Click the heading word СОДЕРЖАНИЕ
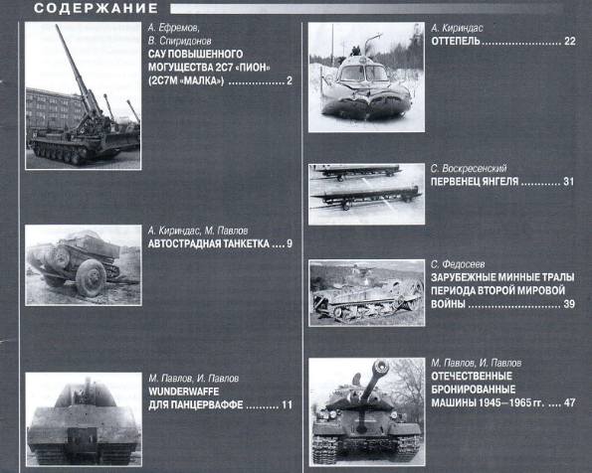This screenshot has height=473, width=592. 96,8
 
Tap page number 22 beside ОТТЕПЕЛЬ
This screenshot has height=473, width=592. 570,41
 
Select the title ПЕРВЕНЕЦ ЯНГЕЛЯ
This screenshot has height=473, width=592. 475,182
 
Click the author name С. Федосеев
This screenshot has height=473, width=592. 458,264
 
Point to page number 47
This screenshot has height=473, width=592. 569,402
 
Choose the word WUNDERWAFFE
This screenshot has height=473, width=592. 183,392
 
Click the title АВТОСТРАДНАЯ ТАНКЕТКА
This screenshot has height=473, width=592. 208,243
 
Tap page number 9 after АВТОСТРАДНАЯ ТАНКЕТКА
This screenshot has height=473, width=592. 290,243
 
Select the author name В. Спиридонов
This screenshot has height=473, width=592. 179,41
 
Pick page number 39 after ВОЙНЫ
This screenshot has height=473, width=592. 569,304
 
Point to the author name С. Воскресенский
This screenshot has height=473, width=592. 469,168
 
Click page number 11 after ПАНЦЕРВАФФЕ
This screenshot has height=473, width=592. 287,405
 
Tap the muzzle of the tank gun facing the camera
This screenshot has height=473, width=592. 380,367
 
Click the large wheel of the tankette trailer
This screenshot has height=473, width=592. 91,277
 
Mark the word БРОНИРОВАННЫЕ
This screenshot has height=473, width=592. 473,390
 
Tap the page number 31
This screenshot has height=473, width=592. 568,182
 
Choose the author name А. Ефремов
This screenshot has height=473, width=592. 174,28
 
